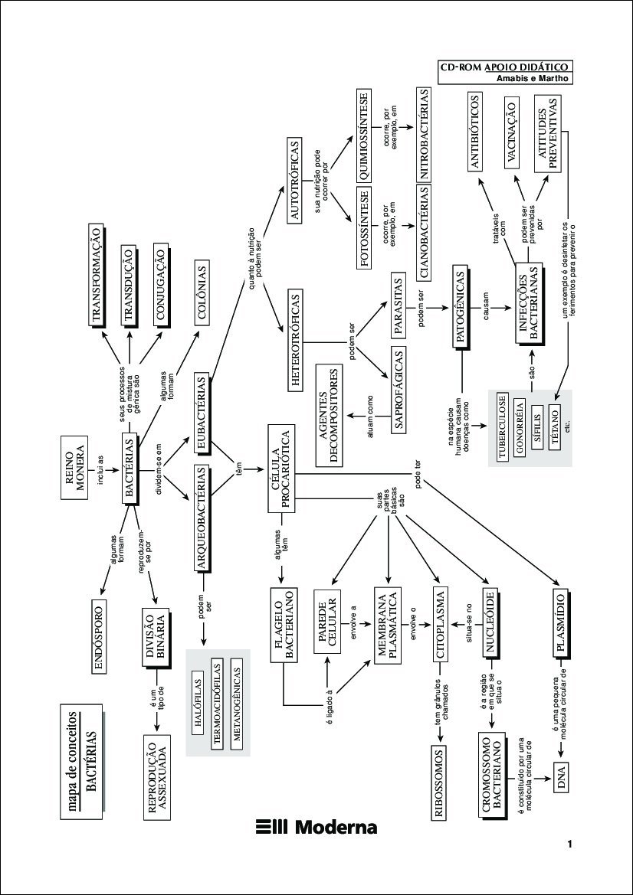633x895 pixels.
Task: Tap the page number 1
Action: pos(570,844)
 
